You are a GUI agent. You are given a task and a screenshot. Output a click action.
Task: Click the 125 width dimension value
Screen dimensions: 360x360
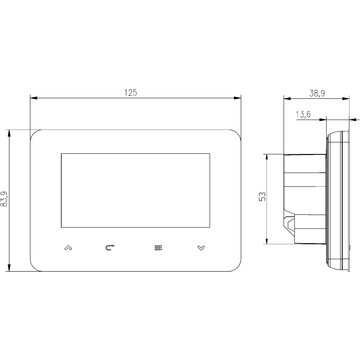[131, 93]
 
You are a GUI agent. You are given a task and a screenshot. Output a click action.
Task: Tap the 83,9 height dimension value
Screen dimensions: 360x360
[4, 199]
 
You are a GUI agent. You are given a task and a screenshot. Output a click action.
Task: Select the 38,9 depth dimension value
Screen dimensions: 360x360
[317, 93]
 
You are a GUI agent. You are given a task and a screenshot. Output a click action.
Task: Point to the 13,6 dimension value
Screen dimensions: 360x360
[303, 115]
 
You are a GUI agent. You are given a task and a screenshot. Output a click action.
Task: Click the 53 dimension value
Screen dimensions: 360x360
[263, 197]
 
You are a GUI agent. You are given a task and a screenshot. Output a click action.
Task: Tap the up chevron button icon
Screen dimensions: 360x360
[68, 248]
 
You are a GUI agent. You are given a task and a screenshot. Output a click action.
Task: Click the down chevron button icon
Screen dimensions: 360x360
[201, 248]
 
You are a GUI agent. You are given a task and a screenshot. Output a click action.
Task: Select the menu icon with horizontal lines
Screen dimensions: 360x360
[158, 248]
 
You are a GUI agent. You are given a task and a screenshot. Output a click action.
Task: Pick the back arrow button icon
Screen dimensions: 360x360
[110, 248]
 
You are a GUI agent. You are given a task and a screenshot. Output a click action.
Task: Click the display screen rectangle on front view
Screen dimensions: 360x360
[135, 190]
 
